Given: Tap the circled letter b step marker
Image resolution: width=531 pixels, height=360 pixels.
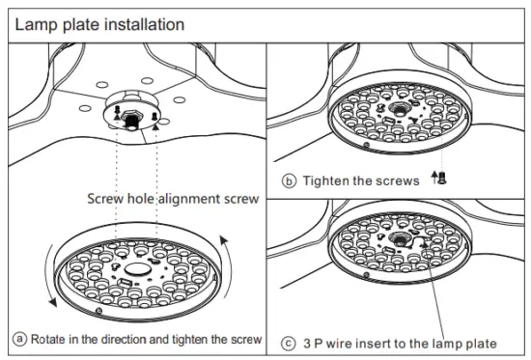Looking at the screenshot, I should (x=289, y=180).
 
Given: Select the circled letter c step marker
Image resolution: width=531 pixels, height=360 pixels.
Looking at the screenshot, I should (x=289, y=343).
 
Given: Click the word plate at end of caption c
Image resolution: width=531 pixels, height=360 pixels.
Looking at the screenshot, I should (x=480, y=343).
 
